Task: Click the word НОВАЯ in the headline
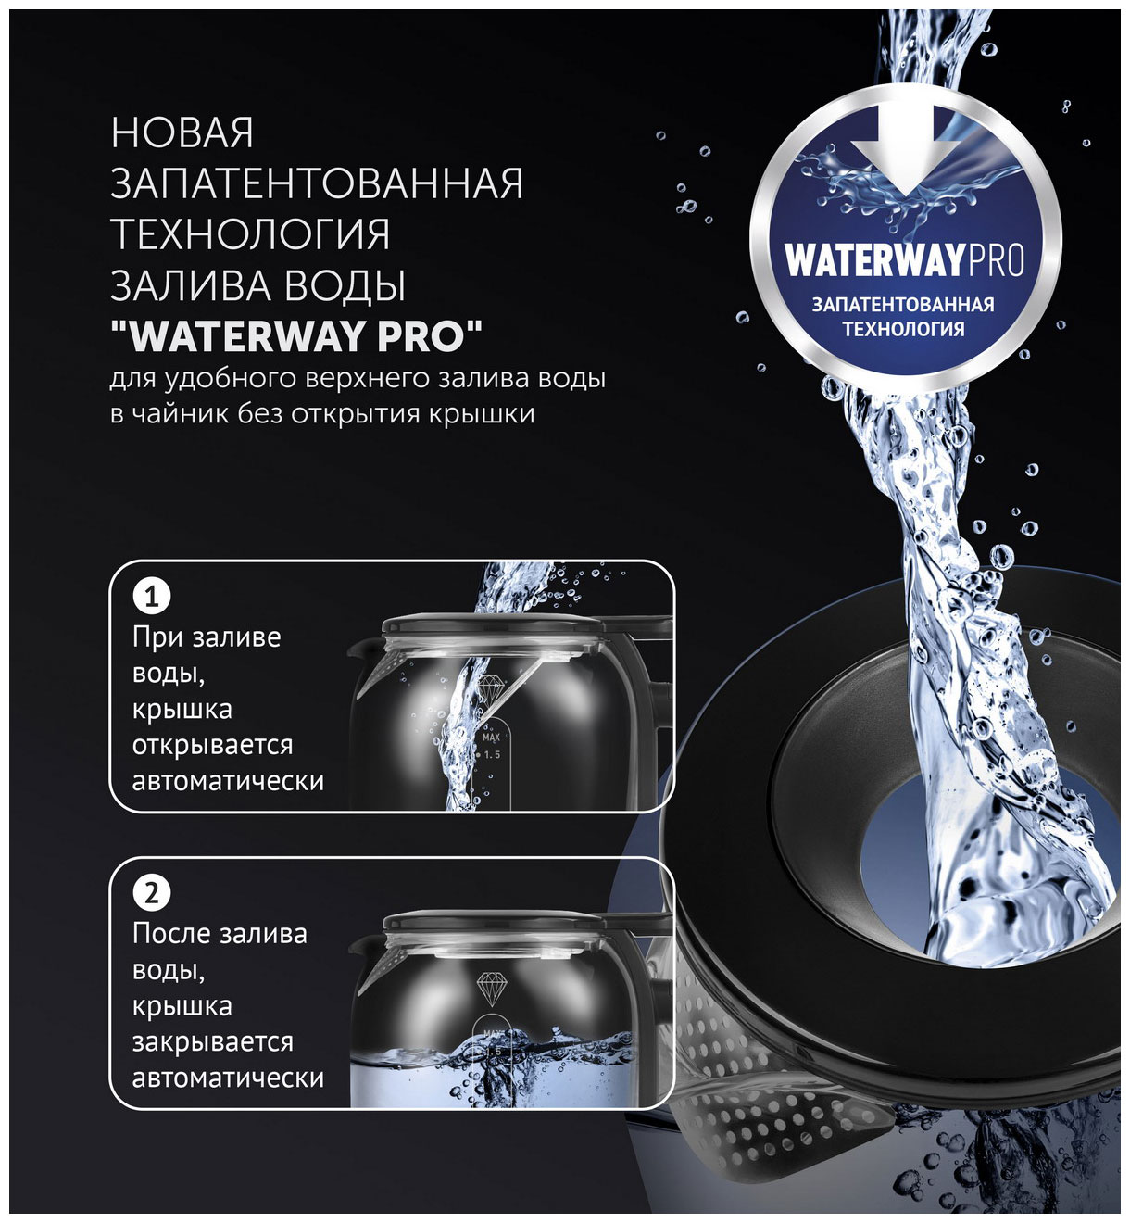(182, 132)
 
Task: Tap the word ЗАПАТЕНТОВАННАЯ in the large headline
(317, 183)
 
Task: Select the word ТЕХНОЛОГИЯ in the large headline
(251, 234)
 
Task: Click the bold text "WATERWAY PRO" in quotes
(296, 335)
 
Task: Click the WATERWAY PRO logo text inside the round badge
(904, 260)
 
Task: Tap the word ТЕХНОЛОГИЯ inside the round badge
(903, 329)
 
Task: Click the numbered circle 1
(152, 596)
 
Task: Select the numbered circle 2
(152, 893)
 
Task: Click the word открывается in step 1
(212, 745)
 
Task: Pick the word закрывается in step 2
(212, 1042)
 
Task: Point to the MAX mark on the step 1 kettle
(492, 738)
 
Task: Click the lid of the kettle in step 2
(493, 923)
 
